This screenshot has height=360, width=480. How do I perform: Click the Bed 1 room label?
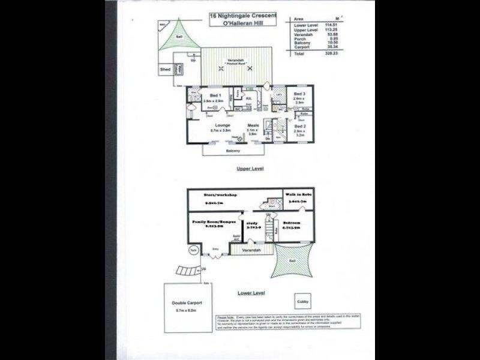(x=214, y=95)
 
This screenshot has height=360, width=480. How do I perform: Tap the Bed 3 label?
(x=299, y=94)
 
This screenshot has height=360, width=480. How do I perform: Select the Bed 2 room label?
(x=299, y=127)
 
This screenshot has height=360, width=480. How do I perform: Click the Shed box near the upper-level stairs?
(x=165, y=70)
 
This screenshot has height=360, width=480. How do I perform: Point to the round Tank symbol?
(x=194, y=249)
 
